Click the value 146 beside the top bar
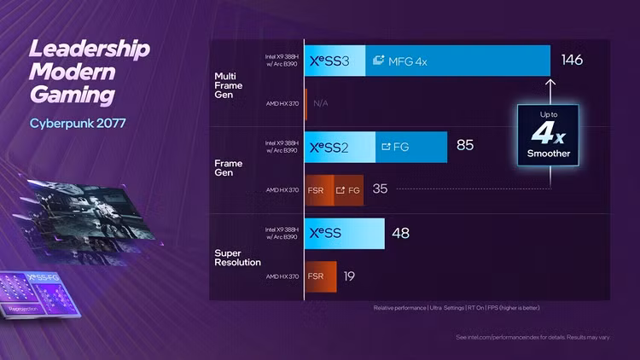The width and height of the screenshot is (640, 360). (571, 61)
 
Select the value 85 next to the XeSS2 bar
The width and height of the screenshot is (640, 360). (464, 146)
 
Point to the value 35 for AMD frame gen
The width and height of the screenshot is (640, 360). (380, 189)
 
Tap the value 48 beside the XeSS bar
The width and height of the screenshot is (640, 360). (401, 233)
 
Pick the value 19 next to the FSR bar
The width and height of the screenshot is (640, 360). (350, 276)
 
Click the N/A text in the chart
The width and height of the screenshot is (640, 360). (321, 103)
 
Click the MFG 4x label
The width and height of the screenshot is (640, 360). (406, 61)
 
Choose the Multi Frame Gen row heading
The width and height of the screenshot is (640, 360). (229, 84)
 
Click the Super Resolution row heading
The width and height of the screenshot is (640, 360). (238, 257)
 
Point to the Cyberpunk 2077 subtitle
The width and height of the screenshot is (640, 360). (79, 123)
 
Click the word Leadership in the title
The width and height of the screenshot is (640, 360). (90, 49)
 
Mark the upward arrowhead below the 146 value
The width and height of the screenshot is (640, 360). (550, 83)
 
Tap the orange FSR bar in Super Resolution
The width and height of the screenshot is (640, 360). (320, 276)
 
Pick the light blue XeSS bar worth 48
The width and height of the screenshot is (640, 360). (344, 233)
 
